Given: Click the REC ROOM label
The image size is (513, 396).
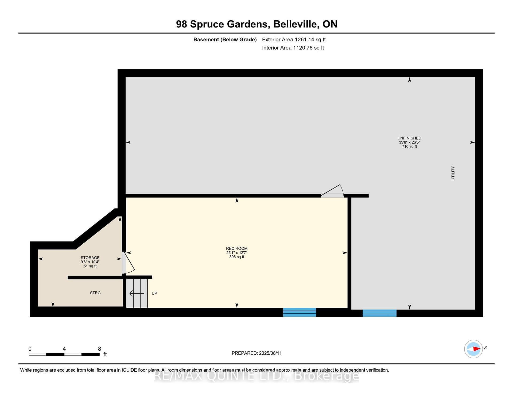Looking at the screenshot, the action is (x=237, y=248).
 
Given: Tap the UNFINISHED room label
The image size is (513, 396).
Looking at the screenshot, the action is (x=409, y=138).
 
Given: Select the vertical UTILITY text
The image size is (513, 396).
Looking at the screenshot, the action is (x=453, y=173).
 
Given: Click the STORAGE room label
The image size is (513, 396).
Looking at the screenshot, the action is (x=90, y=258).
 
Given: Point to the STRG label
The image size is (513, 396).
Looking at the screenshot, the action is (x=95, y=293).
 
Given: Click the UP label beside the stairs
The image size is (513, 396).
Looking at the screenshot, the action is (x=154, y=293).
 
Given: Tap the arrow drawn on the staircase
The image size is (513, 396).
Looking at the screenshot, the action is (x=137, y=294).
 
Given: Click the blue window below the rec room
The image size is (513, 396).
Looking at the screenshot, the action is (x=300, y=312).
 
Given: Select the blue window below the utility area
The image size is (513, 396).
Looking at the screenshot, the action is (x=379, y=313).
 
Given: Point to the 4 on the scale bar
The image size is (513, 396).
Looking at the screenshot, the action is (x=64, y=349).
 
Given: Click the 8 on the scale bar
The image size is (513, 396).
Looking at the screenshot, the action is (x=100, y=349).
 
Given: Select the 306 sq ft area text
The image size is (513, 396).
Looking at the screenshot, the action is (x=237, y=257).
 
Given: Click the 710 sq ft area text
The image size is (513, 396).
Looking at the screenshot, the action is (x=409, y=146).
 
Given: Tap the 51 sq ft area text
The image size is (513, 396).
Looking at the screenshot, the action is (x=90, y=266).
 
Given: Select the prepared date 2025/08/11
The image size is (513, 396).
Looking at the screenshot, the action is (x=270, y=353).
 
